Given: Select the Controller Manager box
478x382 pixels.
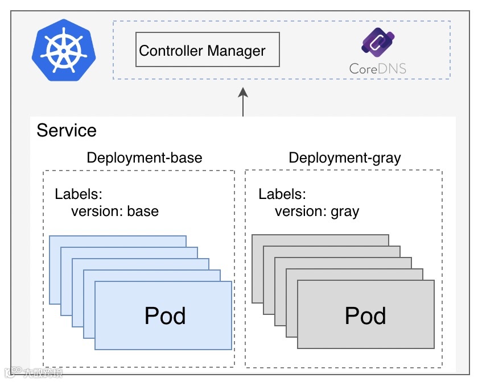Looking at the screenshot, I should [x=208, y=49].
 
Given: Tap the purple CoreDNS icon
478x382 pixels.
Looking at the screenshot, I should [x=378, y=44].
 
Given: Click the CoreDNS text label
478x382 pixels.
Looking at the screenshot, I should [x=378, y=69].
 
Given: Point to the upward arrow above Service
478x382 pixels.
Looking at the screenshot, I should [x=243, y=102].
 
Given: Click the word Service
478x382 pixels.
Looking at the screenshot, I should [x=67, y=130].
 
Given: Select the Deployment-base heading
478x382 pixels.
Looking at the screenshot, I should [x=144, y=157].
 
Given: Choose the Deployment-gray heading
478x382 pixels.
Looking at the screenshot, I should [x=345, y=157].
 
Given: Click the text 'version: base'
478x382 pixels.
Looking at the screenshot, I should [x=115, y=211].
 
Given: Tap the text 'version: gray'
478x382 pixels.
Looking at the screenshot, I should [x=317, y=211].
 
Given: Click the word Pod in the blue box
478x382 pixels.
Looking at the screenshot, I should [x=165, y=315].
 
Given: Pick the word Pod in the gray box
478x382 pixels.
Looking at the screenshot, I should [x=365, y=315].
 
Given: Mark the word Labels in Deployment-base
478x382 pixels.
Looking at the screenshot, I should [x=78, y=194].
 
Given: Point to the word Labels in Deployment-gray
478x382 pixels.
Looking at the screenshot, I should [x=282, y=194].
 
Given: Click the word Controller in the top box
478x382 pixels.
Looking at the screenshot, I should [x=170, y=51].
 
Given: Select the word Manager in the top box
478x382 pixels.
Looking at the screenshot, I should [x=236, y=51].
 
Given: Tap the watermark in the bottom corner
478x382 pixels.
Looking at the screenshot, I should [x=34, y=373].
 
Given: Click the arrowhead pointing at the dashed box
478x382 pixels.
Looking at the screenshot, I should [x=243, y=93].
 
